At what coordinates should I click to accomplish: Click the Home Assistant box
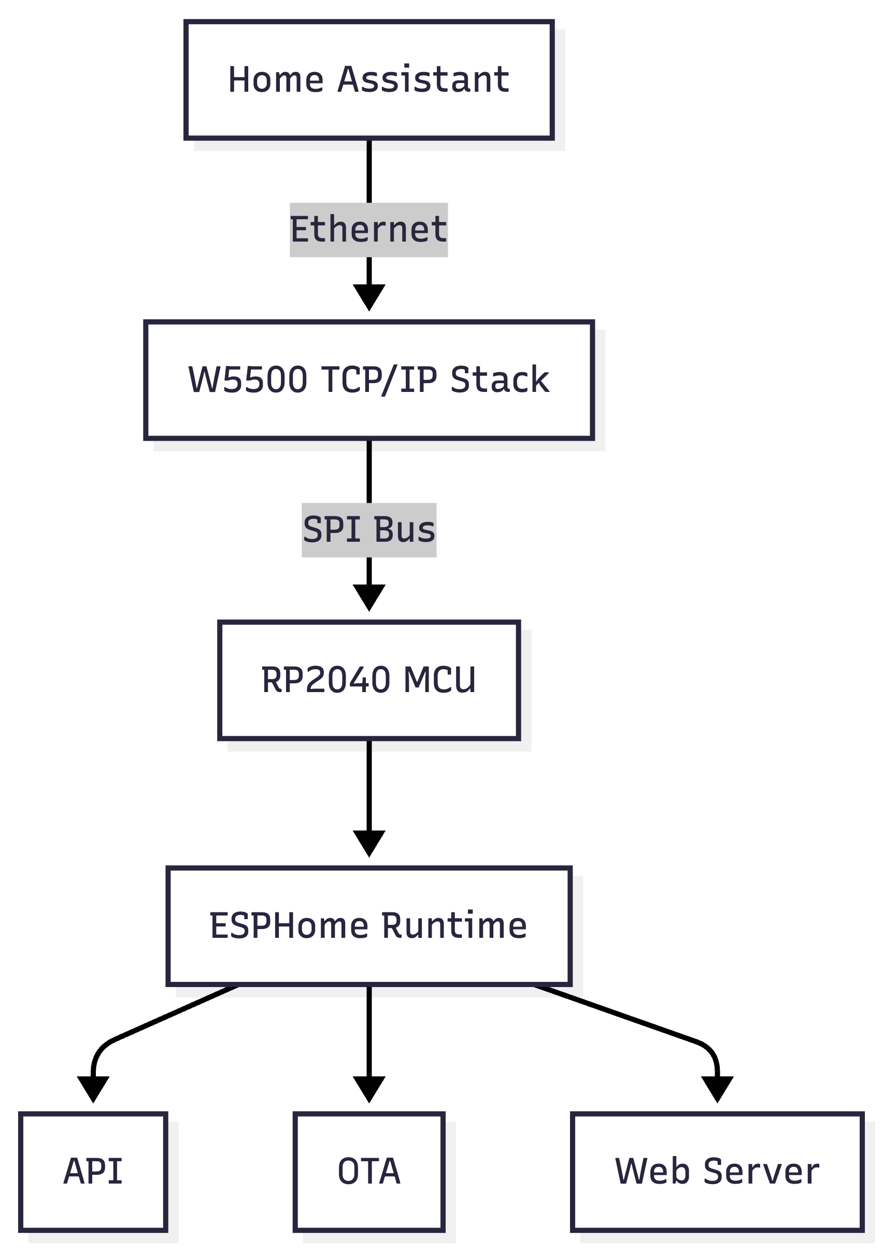coord(369,80)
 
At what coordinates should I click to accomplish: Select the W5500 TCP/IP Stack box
coord(369,380)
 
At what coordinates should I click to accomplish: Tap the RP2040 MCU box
coord(369,680)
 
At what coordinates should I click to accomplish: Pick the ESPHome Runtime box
coord(369,926)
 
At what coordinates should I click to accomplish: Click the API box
coord(93,1171)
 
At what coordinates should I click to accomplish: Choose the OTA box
coord(369,1171)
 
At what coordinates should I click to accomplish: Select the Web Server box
coord(717,1171)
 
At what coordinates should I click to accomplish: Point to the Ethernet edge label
coord(368,230)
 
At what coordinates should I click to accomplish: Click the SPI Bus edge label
coord(369,529)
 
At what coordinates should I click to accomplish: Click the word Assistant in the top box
coord(423,80)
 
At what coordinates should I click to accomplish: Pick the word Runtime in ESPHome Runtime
coord(454,926)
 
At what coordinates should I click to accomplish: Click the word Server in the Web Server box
coord(761,1171)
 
